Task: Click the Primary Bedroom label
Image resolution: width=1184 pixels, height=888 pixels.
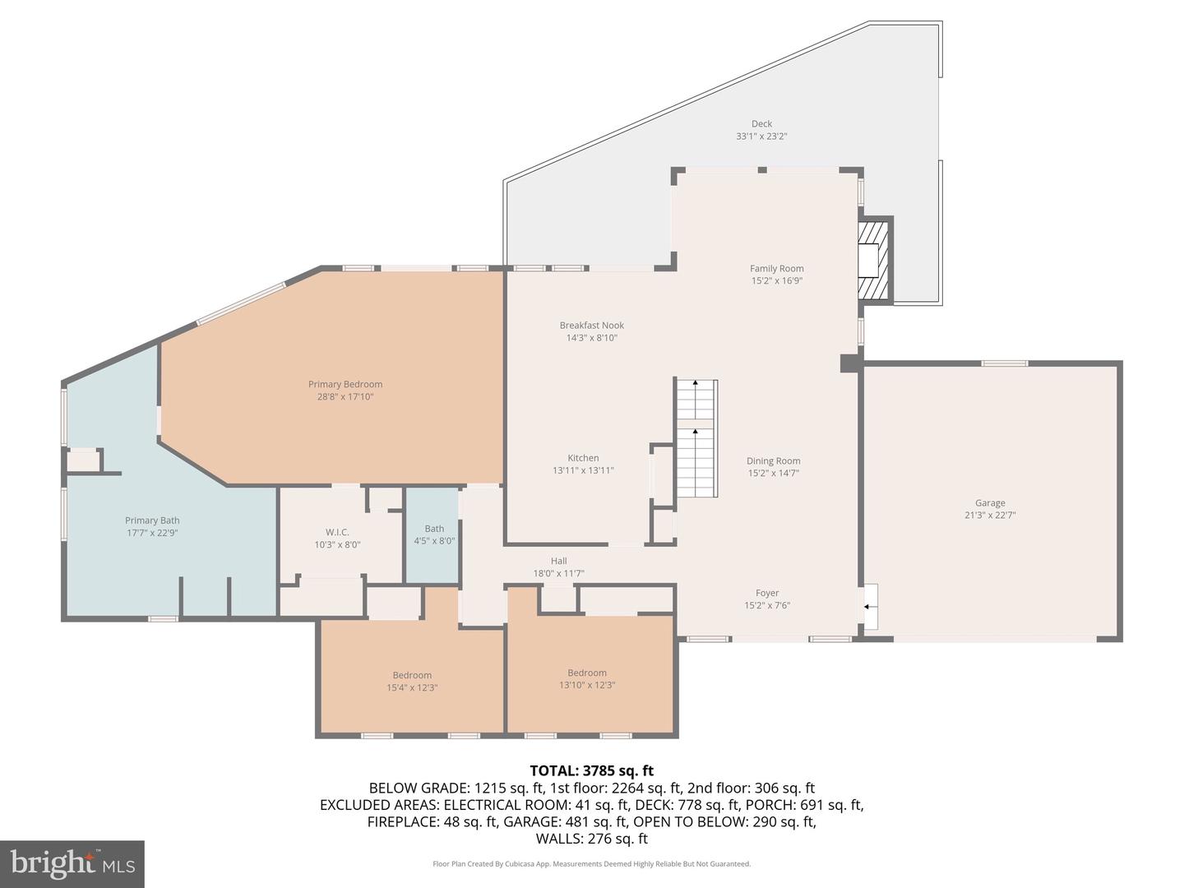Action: (345, 384)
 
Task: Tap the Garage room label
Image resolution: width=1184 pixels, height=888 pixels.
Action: (990, 503)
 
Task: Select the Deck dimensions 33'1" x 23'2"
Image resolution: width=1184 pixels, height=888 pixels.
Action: (761, 136)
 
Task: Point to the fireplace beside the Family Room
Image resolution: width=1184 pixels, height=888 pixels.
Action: (873, 261)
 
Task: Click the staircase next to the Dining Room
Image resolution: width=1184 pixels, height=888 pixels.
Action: (696, 439)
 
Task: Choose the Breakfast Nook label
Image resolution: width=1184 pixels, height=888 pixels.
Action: (592, 326)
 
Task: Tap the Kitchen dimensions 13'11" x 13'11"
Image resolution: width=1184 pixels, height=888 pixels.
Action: (583, 470)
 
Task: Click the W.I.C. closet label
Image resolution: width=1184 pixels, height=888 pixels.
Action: (337, 532)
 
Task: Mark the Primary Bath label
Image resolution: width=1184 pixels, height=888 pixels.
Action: (152, 520)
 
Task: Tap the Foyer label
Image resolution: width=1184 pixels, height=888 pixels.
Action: (767, 593)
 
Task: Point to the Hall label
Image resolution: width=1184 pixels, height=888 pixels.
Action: (559, 561)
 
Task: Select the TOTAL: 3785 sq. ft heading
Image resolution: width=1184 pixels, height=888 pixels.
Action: (591, 770)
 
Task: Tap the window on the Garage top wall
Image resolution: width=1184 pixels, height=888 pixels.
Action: (1005, 363)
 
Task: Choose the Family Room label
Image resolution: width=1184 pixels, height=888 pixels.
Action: (777, 268)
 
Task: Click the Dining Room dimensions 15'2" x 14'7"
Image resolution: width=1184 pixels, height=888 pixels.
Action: (773, 473)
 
